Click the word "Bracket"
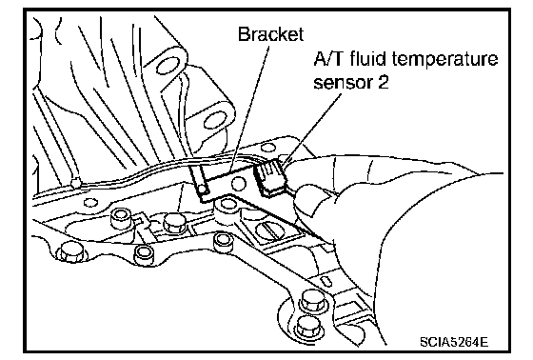click(270, 34)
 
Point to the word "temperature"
click(445, 60)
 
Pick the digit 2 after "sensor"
click(383, 82)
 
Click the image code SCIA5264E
click(454, 341)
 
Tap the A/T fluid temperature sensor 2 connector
click(271, 178)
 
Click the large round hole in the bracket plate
click(238, 184)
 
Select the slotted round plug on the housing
click(268, 231)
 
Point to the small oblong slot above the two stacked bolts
click(326, 282)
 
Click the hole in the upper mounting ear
click(168, 66)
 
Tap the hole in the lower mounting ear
click(215, 120)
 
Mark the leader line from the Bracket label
click(249, 109)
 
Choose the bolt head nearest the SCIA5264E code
click(308, 327)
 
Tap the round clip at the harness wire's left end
click(75, 184)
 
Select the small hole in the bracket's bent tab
click(203, 189)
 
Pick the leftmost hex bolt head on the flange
click(70, 252)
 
